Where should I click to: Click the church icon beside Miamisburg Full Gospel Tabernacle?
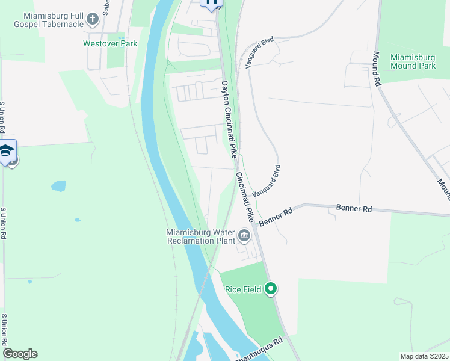click(93, 20)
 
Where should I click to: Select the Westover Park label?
click(110, 43)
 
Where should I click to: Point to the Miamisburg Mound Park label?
click(413, 61)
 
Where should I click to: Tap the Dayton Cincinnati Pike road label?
click(229, 120)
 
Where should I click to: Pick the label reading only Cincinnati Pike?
click(247, 196)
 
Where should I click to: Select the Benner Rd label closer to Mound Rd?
click(354, 209)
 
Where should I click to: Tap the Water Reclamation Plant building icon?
click(244, 235)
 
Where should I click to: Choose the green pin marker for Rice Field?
click(271, 289)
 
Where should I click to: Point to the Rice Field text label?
click(243, 289)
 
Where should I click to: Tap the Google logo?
click(20, 353)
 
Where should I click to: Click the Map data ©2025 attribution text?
click(424, 356)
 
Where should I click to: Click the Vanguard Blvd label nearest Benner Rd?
click(267, 180)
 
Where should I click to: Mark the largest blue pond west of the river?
click(58, 186)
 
